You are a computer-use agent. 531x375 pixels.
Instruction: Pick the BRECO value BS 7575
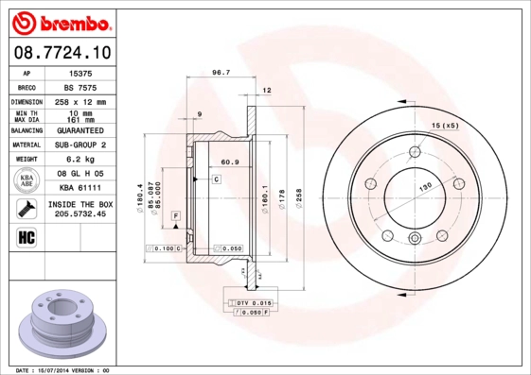[81, 87]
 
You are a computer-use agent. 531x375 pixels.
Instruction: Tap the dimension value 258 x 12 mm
[80, 101]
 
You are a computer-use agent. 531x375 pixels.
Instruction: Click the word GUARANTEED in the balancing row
[80, 130]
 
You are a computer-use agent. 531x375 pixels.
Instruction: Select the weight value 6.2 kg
[80, 160]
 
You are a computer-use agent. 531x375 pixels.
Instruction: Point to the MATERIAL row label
[27, 145]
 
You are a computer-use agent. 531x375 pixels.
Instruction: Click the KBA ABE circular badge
[27, 181]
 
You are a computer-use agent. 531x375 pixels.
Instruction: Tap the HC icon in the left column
[27, 236]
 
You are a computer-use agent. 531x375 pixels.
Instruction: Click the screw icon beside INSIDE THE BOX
[27, 209]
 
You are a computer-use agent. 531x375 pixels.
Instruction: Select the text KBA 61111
[80, 189]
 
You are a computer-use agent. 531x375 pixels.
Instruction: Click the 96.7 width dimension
[221, 73]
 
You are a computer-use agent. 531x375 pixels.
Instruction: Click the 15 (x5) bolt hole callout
[445, 126]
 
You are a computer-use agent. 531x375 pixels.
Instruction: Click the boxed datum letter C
[216, 179]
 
